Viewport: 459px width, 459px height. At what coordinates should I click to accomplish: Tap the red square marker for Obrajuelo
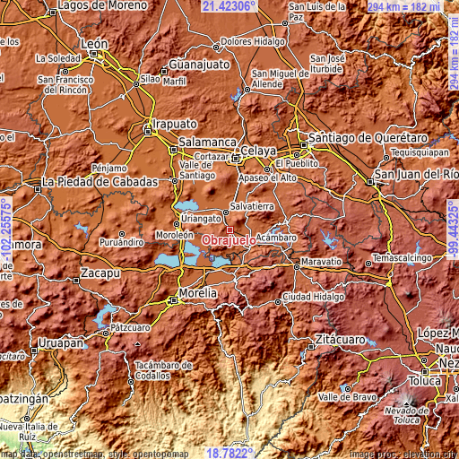(x=229, y=229)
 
